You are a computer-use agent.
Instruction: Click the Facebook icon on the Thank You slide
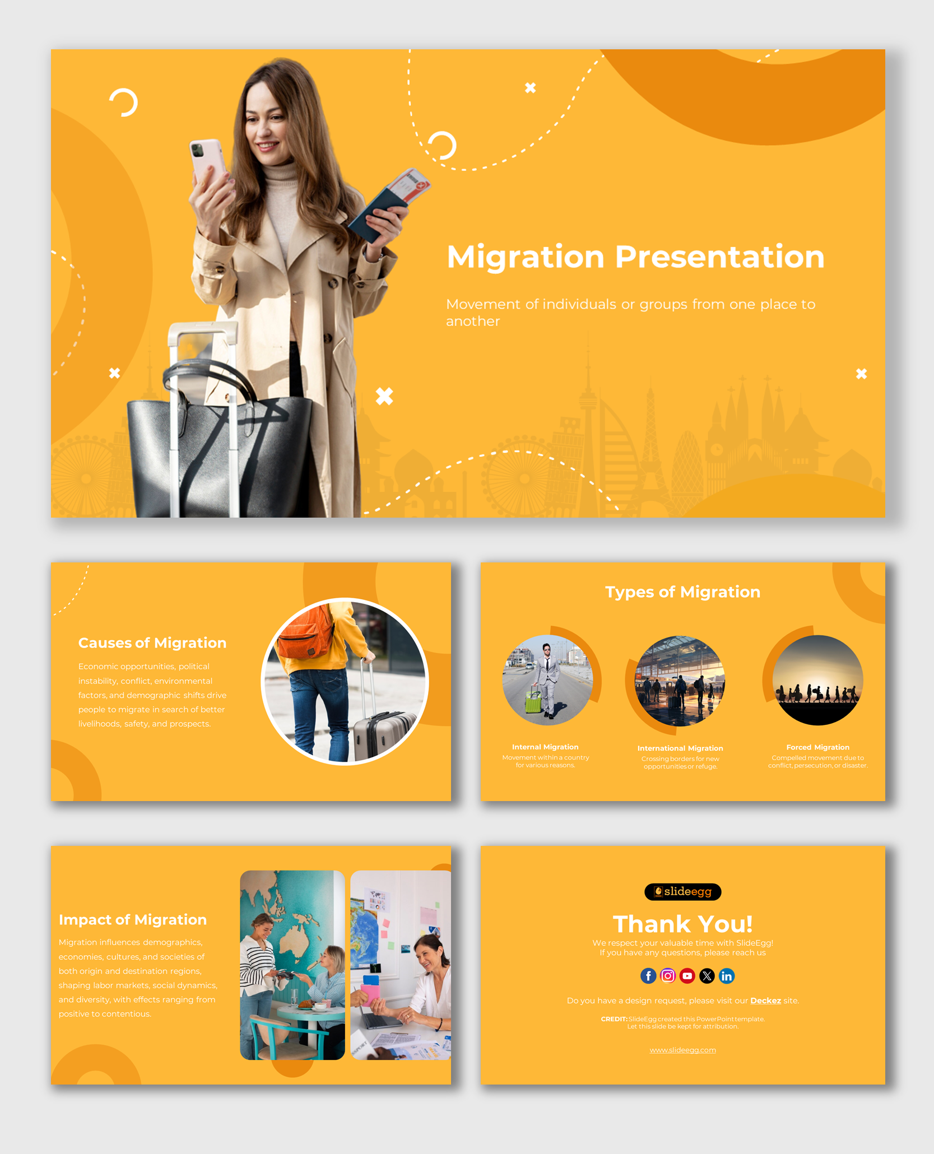(648, 976)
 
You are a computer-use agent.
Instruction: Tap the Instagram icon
(667, 976)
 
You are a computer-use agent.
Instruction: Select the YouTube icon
(687, 976)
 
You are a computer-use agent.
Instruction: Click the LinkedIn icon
(727, 976)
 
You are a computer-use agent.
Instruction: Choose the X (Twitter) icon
(707, 976)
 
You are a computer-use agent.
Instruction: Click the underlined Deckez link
(765, 1001)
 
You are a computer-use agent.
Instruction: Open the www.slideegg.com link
(682, 1050)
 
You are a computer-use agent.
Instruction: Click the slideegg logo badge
(682, 891)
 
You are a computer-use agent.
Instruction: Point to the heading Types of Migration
(682, 592)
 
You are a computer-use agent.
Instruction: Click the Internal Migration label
(545, 747)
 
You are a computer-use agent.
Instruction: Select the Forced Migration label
(817, 747)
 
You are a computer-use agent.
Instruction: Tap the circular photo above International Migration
(680, 681)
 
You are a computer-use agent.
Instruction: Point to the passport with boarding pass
(389, 204)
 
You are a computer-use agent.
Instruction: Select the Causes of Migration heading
(152, 643)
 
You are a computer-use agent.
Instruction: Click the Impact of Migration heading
(133, 919)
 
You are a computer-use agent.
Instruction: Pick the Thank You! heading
(682, 924)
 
